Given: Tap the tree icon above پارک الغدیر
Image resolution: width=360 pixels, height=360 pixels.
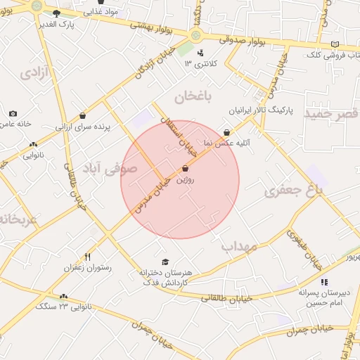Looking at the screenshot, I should tap(56, 13).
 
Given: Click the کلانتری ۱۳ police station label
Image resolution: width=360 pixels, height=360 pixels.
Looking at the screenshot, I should tap(198, 64).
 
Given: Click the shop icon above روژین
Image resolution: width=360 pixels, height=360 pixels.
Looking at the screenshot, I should tap(185, 169).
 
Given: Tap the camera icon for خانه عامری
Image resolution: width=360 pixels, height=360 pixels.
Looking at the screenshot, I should tap(13, 113).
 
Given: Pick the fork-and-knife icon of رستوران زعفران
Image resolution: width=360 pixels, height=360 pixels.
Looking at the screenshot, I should tap(87, 257).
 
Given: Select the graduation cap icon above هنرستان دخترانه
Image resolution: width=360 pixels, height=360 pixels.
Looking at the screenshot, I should tap(165, 262).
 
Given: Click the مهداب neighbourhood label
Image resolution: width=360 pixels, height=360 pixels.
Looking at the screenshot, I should tap(241, 247).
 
